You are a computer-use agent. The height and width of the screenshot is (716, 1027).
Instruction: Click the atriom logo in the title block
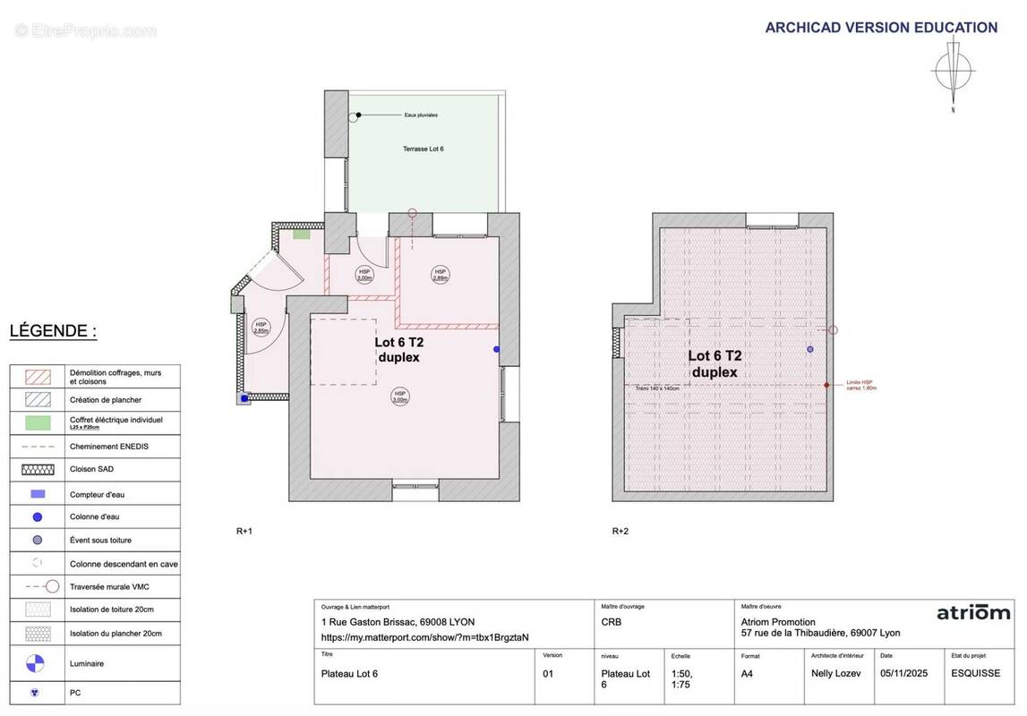973,613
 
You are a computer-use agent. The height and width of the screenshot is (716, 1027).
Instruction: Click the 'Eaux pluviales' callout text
421,115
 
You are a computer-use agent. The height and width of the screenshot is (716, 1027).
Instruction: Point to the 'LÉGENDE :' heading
53,331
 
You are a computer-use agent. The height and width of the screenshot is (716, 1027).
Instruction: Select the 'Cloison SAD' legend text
91,469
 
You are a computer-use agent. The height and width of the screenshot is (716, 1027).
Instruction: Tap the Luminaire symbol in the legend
34,663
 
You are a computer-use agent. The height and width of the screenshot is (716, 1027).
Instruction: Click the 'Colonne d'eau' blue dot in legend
37,516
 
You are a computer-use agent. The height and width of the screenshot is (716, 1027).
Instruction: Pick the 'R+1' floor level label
244,531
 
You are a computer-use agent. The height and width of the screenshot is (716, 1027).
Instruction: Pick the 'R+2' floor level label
620,531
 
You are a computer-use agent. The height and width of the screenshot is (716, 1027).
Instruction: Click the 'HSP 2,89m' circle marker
440,274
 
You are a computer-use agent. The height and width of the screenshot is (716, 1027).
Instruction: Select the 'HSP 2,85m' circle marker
261,328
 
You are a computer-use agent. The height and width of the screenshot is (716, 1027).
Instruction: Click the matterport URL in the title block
424,637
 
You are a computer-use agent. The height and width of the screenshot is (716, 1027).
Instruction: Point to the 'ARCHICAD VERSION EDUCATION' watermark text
881,28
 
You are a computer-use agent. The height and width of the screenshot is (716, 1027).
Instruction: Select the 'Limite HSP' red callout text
860,385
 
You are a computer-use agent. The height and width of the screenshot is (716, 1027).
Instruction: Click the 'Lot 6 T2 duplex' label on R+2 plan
715,363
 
